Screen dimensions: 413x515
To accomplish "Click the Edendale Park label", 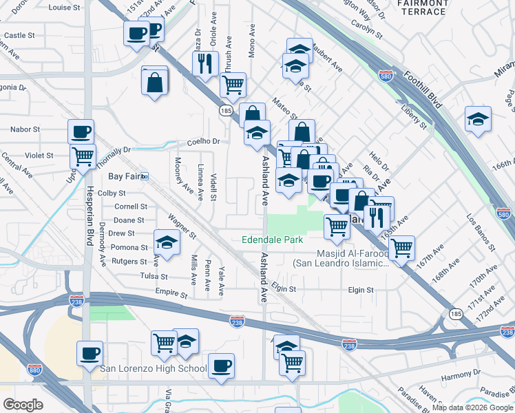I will [272, 240].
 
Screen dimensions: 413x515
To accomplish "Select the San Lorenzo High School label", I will [153, 369].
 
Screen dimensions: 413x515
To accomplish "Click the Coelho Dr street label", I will [203, 142].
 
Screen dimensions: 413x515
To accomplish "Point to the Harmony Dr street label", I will [461, 377].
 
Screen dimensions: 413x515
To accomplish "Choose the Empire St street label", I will [174, 294].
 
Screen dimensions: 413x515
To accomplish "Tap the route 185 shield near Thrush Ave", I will [225, 109].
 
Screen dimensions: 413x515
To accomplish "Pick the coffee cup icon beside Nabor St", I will [81, 131].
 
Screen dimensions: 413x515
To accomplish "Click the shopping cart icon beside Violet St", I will [83, 156].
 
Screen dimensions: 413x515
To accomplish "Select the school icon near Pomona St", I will [167, 242].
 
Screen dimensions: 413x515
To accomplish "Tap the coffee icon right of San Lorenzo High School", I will [221, 366].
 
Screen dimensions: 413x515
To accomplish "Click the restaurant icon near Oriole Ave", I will [205, 63].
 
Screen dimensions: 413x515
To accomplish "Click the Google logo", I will [23, 405].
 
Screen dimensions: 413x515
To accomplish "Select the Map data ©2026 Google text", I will [472, 407].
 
